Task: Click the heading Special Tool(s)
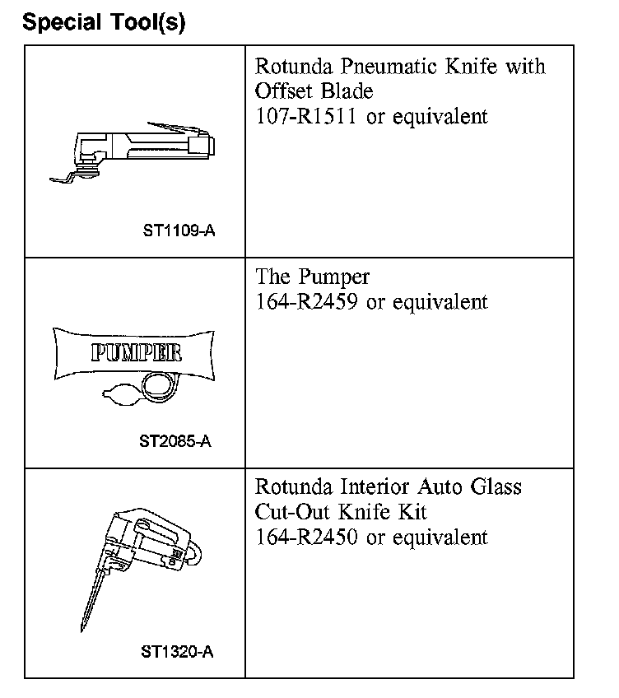105,21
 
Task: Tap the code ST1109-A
179,231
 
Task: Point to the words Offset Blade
314,91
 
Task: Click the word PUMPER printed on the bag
136,353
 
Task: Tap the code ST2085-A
175,441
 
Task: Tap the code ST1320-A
177,652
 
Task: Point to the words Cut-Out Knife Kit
341,511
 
